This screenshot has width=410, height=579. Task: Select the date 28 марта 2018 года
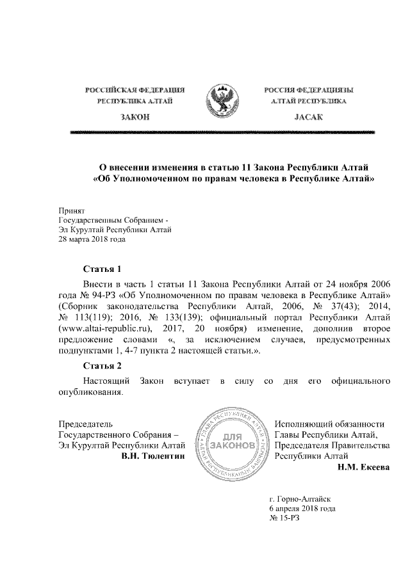coord(89,240)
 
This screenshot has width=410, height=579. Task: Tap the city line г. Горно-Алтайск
coord(301,497)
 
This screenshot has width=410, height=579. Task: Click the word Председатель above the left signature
coord(86,424)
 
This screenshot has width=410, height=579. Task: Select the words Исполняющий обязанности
coord(329,424)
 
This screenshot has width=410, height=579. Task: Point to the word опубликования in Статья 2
coord(86,393)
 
